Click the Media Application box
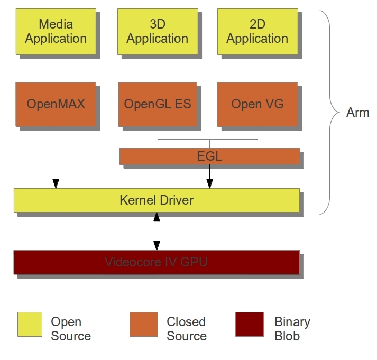pyautogui.click(x=56, y=31)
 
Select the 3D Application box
pyautogui.click(x=157, y=31)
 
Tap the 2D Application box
pyautogui.click(x=258, y=31)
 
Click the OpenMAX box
pyautogui.click(x=56, y=104)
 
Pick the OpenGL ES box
pyautogui.click(x=157, y=104)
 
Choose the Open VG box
pyautogui.click(x=258, y=104)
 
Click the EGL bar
pyautogui.click(x=209, y=156)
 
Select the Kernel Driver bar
pyautogui.click(x=157, y=200)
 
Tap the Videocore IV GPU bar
pyautogui.click(x=157, y=262)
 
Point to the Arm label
pyautogui.click(x=357, y=113)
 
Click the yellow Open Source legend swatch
pyautogui.click(x=30, y=324)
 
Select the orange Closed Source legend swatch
pyautogui.click(x=143, y=324)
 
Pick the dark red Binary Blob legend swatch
pyautogui.click(x=250, y=324)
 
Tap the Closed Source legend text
pyautogui.click(x=186, y=329)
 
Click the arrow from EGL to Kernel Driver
pyautogui.click(x=209, y=176)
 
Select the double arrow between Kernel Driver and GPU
pyautogui.click(x=157, y=231)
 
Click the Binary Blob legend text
pyautogui.click(x=292, y=329)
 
